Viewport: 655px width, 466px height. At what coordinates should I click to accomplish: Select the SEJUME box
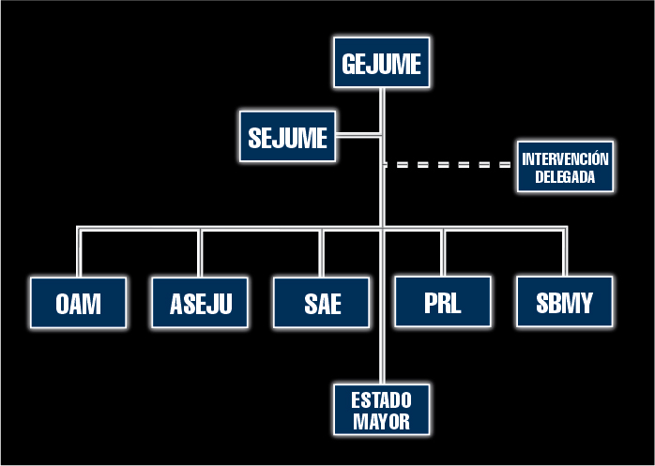(x=287, y=137)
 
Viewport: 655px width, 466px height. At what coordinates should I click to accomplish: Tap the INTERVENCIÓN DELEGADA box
(x=565, y=167)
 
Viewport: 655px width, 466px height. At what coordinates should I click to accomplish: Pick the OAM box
(x=78, y=303)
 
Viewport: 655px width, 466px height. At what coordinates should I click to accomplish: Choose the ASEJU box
(x=200, y=303)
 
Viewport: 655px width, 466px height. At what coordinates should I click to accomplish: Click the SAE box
(x=322, y=303)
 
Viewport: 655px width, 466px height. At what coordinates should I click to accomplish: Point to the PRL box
(x=442, y=302)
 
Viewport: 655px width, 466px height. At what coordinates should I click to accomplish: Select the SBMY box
(x=565, y=303)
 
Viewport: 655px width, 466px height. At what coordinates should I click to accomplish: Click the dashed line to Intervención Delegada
(x=449, y=165)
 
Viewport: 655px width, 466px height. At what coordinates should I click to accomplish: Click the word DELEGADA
(x=565, y=175)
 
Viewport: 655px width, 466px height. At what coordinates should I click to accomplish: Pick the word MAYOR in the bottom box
(x=382, y=421)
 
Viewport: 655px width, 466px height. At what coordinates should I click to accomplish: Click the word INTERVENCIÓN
(x=565, y=158)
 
